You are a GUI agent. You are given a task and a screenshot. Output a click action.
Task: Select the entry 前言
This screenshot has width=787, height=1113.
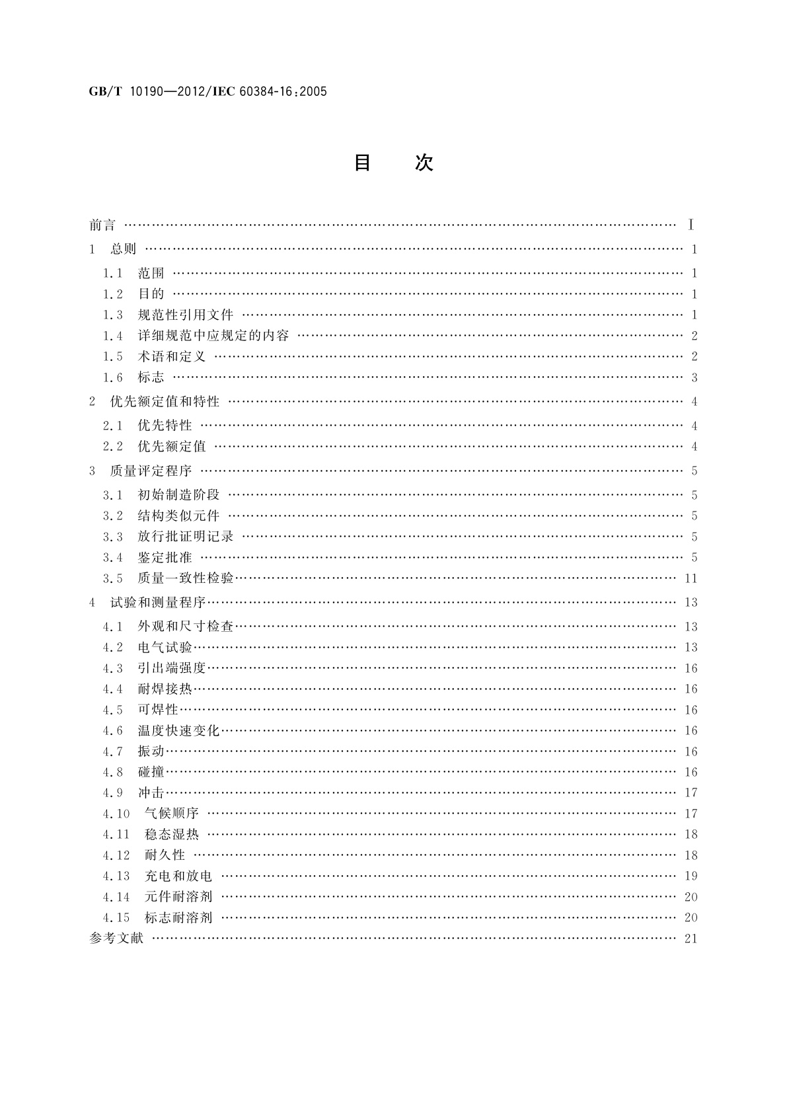coord(102,225)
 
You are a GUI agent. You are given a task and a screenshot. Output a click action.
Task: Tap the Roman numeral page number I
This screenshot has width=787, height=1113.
coord(691,225)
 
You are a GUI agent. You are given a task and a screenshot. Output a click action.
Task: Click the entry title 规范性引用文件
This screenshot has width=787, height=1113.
coord(186,315)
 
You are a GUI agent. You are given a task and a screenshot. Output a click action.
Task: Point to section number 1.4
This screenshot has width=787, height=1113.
coord(113,336)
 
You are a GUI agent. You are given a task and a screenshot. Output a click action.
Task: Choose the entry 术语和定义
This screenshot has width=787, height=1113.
coord(172,357)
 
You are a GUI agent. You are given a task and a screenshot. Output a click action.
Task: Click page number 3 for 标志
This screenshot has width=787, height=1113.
coord(694,378)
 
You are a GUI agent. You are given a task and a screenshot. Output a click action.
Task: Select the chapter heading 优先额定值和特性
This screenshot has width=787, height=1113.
coord(165,402)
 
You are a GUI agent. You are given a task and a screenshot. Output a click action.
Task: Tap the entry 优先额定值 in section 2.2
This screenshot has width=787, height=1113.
coord(172,447)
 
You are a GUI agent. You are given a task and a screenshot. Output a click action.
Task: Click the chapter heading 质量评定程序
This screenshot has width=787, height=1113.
coord(151,471)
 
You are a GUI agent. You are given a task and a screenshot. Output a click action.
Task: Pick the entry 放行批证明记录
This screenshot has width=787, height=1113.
coord(186,537)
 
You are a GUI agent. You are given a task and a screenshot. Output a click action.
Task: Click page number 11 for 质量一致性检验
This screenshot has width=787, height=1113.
coord(691,579)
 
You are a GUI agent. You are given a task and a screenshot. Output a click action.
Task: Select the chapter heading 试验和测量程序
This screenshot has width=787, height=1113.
coord(158,603)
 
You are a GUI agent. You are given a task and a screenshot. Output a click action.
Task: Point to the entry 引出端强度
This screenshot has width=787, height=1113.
coord(172,668)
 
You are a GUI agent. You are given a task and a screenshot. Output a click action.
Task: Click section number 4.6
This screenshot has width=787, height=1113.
coord(113,731)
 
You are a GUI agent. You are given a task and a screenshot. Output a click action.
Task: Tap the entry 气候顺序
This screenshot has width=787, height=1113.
coord(172,814)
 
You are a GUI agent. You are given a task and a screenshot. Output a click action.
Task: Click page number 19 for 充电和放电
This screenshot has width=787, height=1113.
coord(691,876)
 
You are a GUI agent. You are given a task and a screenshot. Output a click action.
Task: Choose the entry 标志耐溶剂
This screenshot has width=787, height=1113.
coord(178,917)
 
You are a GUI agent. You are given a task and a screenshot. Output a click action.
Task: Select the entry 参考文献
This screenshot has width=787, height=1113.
coord(116,939)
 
